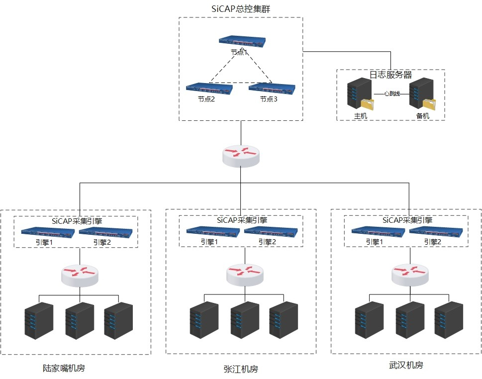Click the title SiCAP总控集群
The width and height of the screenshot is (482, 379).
click(x=241, y=8)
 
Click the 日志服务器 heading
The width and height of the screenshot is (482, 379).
click(x=390, y=75)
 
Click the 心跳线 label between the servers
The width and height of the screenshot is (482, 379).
click(x=391, y=94)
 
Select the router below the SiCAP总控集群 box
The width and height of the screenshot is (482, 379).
click(x=241, y=155)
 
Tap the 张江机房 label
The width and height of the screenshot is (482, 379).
click(x=241, y=369)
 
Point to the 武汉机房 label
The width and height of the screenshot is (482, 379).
click(x=406, y=366)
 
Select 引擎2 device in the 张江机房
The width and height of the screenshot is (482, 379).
click(x=271, y=231)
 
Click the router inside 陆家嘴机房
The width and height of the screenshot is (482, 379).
click(x=80, y=274)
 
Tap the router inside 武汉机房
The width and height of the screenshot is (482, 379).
click(x=410, y=274)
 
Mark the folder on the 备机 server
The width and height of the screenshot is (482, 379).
click(x=428, y=103)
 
